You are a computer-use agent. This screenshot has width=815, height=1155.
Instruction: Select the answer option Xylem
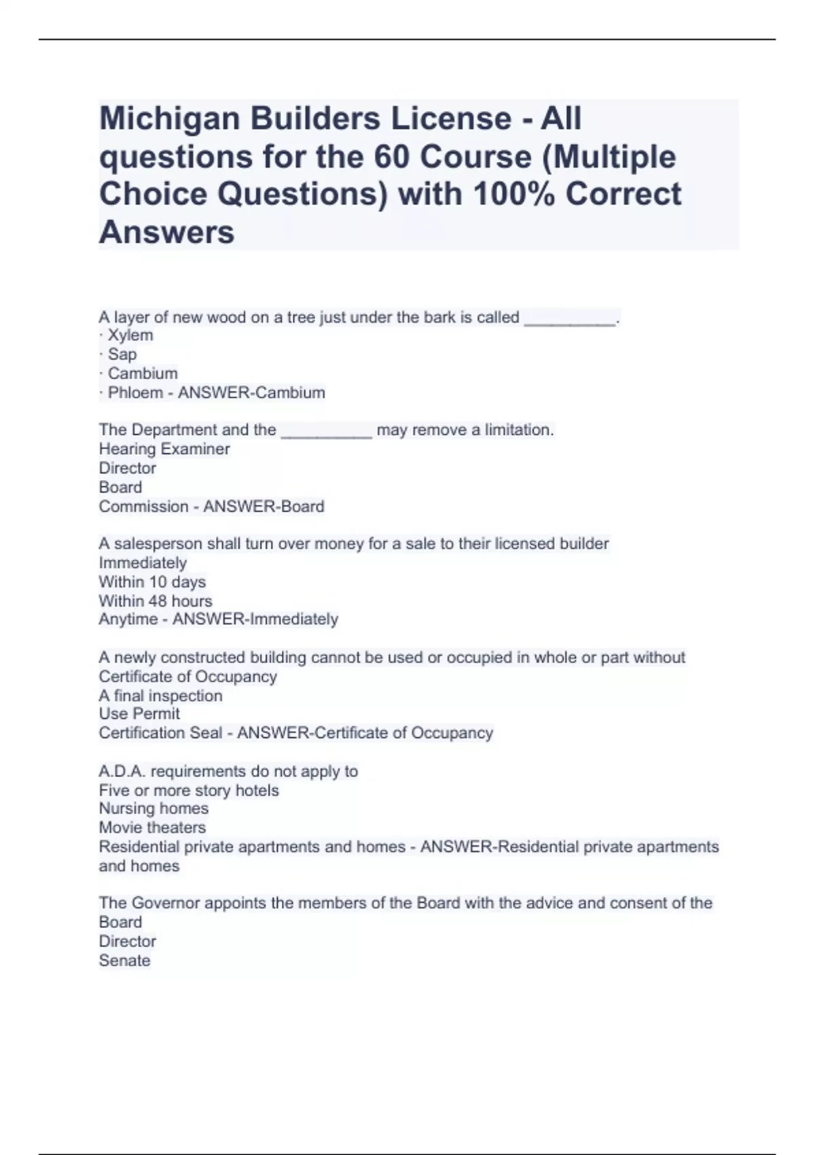[x=130, y=335]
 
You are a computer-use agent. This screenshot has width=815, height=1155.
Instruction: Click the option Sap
[x=122, y=354]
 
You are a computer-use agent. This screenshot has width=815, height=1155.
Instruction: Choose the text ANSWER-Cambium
[x=251, y=393]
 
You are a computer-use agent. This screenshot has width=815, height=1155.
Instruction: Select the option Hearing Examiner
[x=164, y=449]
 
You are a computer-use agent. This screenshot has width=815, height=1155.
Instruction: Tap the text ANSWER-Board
[x=264, y=507]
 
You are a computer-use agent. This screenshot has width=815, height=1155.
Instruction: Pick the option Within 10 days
[x=152, y=582]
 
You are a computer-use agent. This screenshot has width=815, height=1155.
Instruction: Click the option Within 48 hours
[x=156, y=601]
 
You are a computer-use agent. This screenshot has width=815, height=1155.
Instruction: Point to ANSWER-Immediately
[x=255, y=620]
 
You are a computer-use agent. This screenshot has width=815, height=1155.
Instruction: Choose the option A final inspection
[x=160, y=696]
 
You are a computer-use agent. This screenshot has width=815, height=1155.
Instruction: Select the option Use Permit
[x=139, y=714]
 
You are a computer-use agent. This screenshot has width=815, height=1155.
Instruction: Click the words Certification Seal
[x=160, y=733]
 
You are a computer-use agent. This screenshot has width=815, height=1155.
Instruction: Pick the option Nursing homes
[x=153, y=808]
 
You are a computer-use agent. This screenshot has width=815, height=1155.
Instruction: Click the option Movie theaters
[x=152, y=828]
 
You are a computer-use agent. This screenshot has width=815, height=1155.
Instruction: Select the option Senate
[x=124, y=961]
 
